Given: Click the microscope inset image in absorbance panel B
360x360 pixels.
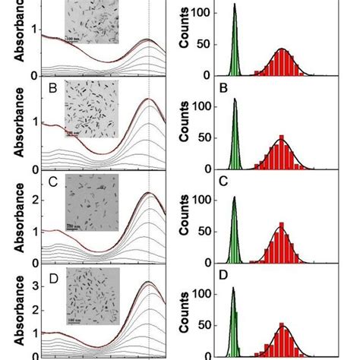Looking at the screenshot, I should coord(90,111).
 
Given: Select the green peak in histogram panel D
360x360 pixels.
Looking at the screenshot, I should coord(234,323).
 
